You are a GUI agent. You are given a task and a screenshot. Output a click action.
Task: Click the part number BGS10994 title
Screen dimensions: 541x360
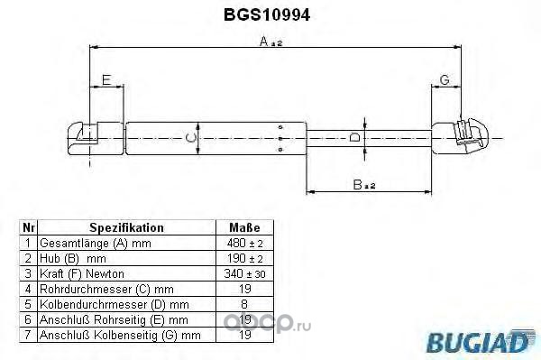[x=267, y=14]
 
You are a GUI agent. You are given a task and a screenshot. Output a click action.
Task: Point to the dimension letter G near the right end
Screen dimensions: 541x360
[x=445, y=79]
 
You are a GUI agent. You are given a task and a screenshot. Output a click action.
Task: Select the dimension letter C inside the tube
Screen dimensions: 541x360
[x=190, y=138]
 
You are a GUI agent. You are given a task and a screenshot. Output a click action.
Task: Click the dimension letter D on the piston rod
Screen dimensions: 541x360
[x=354, y=137]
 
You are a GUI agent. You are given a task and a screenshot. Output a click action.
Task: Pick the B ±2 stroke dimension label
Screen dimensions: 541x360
[x=363, y=185]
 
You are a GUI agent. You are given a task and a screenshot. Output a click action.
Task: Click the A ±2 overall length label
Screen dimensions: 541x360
[x=270, y=42]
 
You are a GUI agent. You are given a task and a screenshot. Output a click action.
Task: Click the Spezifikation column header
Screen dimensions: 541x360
[x=126, y=227]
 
